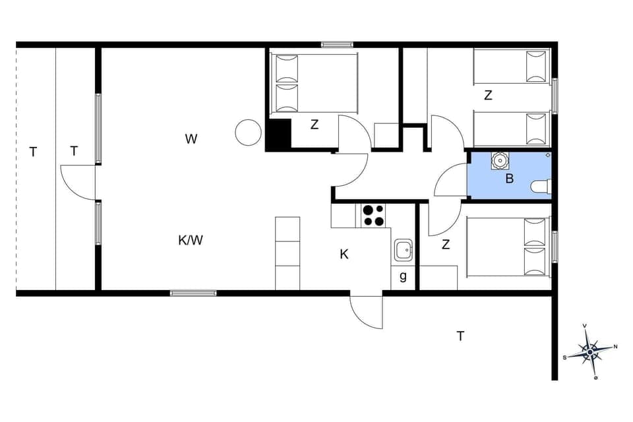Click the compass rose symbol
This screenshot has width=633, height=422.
589,352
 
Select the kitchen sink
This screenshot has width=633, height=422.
404,250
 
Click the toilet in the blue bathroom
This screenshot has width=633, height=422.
541,187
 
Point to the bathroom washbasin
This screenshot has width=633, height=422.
500,160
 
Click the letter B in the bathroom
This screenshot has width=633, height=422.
509,178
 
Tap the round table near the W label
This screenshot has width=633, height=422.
248,133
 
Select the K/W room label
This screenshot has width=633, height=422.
191,241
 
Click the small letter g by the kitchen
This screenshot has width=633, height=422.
403,277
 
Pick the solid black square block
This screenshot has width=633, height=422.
278,135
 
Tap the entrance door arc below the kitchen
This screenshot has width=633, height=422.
365,312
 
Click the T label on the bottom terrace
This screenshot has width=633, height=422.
460,336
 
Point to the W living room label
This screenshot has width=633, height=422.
191,139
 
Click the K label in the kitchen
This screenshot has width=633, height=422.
344,255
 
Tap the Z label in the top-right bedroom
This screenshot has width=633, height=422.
488,96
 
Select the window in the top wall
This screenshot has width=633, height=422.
337,45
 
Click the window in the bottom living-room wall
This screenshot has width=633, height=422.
193,293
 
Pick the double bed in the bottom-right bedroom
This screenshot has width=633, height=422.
508,247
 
